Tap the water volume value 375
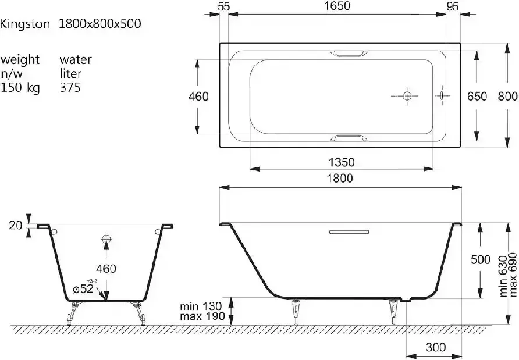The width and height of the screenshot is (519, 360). [x=70, y=87]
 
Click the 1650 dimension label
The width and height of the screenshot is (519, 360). [x=337, y=6]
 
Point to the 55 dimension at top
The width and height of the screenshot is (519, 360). [x=224, y=6]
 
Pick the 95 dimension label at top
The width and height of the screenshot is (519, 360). [x=453, y=6]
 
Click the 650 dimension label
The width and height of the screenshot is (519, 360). [x=477, y=97]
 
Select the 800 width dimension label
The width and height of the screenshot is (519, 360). [x=508, y=97]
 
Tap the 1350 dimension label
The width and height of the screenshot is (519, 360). [x=342, y=162]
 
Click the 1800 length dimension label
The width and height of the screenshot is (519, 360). [x=340, y=179]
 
